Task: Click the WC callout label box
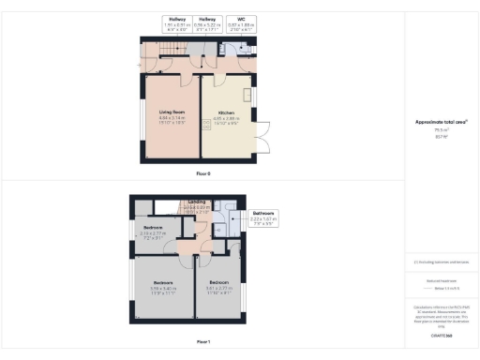point(241,23)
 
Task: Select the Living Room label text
point(170,113)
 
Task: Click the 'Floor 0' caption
point(203,174)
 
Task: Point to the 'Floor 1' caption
point(203,342)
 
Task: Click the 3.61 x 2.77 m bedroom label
point(219,285)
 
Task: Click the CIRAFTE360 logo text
point(442,335)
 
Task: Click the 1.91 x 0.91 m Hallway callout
point(176,23)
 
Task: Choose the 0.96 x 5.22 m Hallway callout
point(209,23)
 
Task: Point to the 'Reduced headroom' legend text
point(441,279)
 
